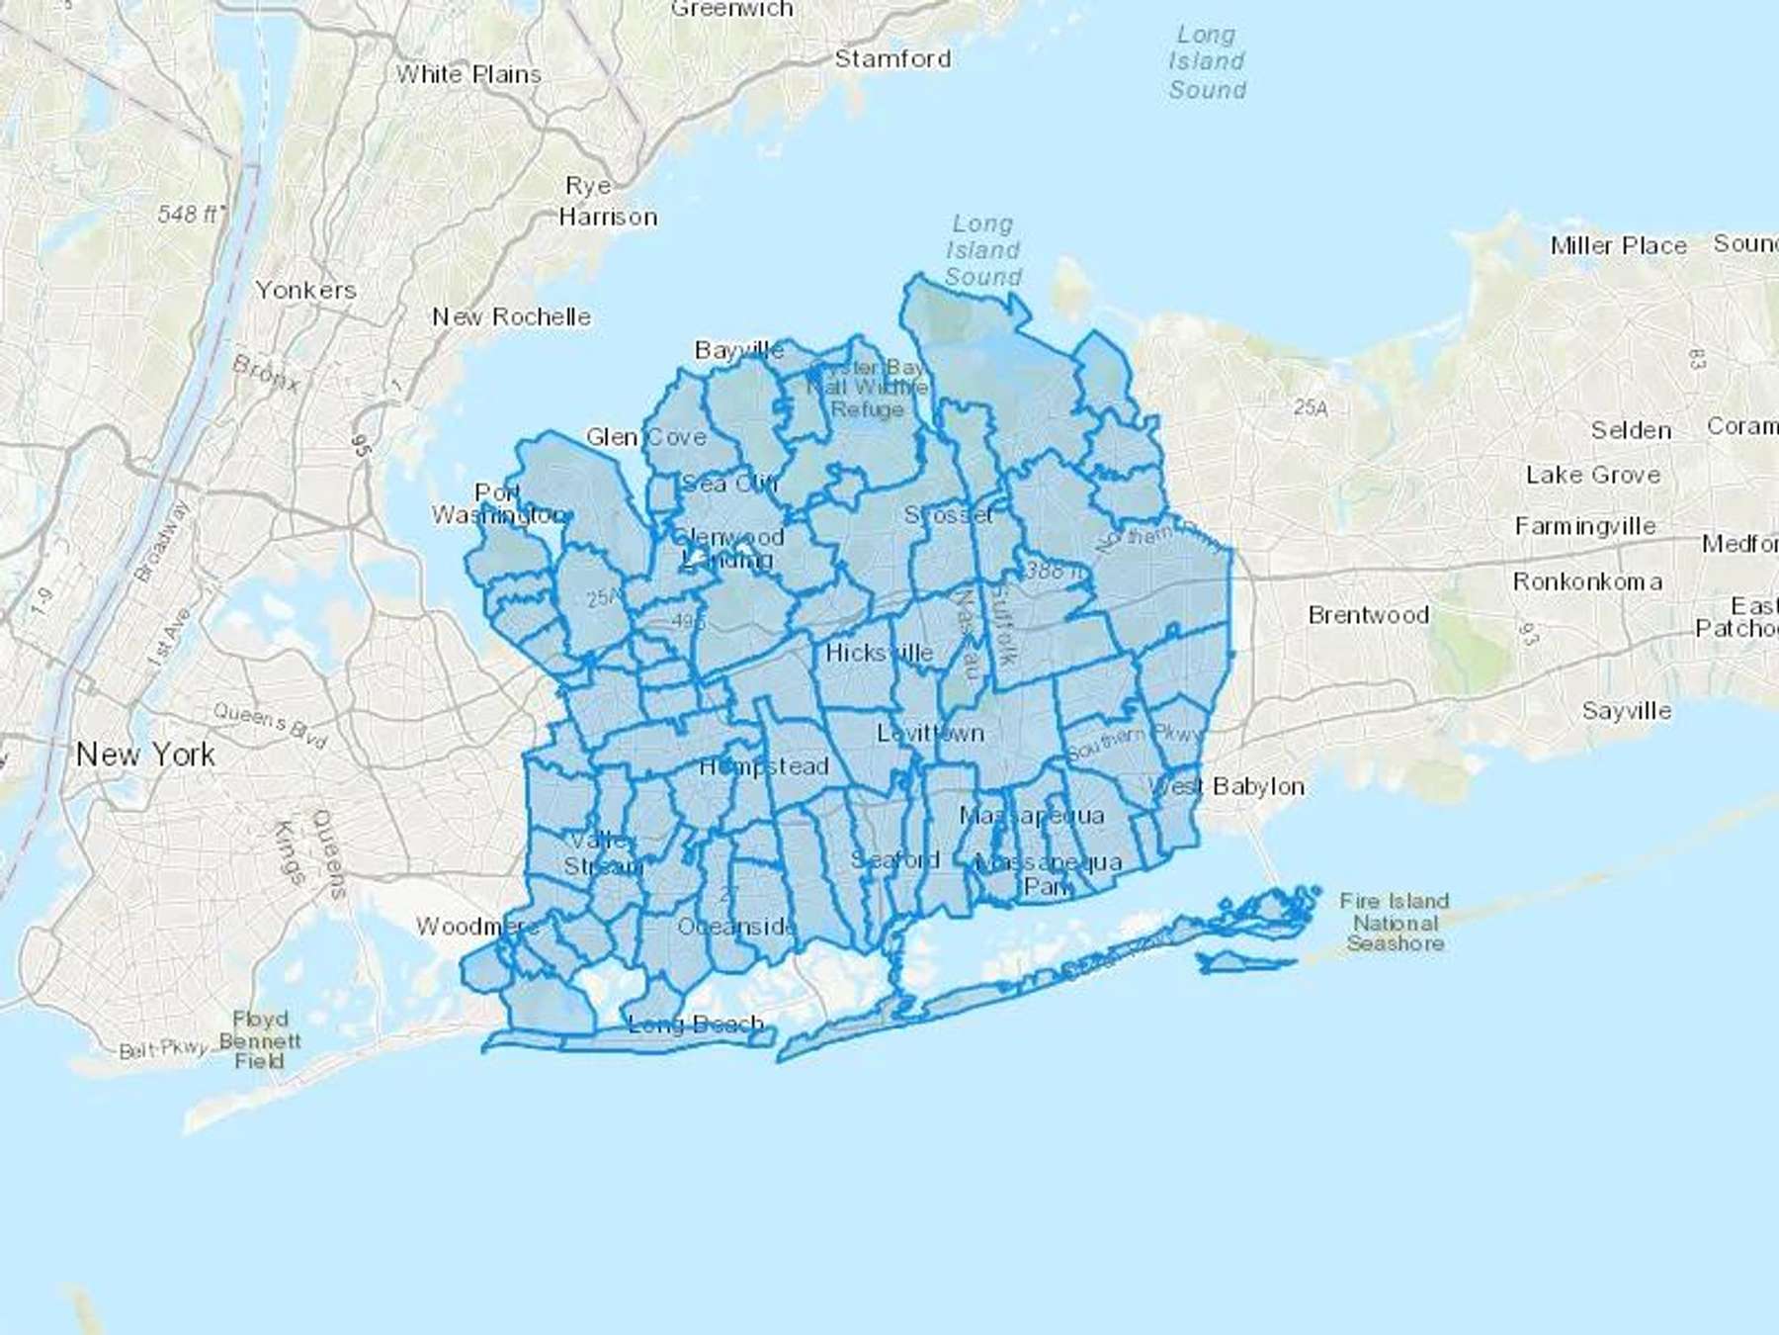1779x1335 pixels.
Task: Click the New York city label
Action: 145,756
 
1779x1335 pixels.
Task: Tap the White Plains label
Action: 468,75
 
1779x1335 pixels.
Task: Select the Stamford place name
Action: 892,59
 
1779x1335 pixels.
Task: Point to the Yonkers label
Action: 305,291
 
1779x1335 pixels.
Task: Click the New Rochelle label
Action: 511,317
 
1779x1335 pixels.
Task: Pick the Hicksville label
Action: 879,654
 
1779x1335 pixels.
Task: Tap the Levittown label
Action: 930,734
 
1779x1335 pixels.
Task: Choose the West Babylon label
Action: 1226,787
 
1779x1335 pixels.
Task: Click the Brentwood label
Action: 1368,615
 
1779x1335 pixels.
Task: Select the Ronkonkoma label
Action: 1587,582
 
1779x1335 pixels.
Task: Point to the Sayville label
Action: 1626,711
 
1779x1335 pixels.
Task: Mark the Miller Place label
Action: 1618,246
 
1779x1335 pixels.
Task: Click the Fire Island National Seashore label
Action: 1395,923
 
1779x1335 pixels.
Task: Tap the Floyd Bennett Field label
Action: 259,1040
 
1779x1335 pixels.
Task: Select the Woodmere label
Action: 476,927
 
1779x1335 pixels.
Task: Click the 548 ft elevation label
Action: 191,214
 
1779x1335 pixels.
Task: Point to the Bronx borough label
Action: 266,373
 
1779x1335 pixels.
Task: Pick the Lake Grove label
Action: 1592,476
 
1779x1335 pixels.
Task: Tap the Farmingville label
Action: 1584,527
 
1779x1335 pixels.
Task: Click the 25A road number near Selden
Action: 1311,407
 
